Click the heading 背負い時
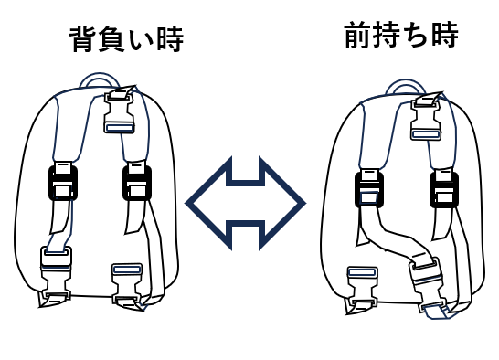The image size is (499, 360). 126,39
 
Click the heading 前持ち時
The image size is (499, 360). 401,35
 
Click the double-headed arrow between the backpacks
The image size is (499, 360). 245,203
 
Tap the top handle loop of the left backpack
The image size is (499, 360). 99,76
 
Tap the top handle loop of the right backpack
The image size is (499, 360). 405,81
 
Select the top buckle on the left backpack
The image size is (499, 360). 120,111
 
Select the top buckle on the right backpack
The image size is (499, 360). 426,117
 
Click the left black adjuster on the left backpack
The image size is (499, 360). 63,183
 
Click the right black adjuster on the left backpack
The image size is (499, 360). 137,183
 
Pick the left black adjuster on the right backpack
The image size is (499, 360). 369,189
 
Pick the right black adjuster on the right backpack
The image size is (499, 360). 444,189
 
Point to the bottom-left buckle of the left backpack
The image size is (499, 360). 56,274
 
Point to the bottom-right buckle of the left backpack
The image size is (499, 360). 127,282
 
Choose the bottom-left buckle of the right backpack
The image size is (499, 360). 362,287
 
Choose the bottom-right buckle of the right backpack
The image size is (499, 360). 428,281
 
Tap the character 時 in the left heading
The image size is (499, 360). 171,39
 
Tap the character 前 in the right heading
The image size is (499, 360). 357,35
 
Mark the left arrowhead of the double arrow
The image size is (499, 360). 208,203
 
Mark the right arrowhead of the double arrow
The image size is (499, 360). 282,203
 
